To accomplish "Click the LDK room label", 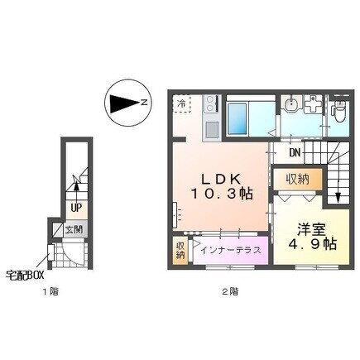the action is point(221,186).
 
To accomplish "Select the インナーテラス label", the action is point(231,251).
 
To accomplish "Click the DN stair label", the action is point(295,152).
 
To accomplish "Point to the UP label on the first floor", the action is point(75,208).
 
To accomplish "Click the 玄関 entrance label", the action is point(74,229).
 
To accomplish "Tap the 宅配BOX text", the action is point(25,275).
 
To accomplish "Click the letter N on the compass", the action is point(144,103).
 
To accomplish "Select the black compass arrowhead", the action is point(124,103).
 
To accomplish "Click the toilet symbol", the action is point(338,112).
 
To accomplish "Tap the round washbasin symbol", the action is point(290,104).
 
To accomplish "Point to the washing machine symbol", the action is point(313,103).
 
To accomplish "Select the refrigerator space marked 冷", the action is point(181,103).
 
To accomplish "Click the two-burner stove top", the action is point(211,103).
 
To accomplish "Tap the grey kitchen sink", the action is point(212,129).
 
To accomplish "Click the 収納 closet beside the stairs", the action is point(298,180).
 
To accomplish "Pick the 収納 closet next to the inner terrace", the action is point(180,251).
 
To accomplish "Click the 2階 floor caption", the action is point(230,291).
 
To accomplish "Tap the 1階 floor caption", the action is point(50,291).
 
